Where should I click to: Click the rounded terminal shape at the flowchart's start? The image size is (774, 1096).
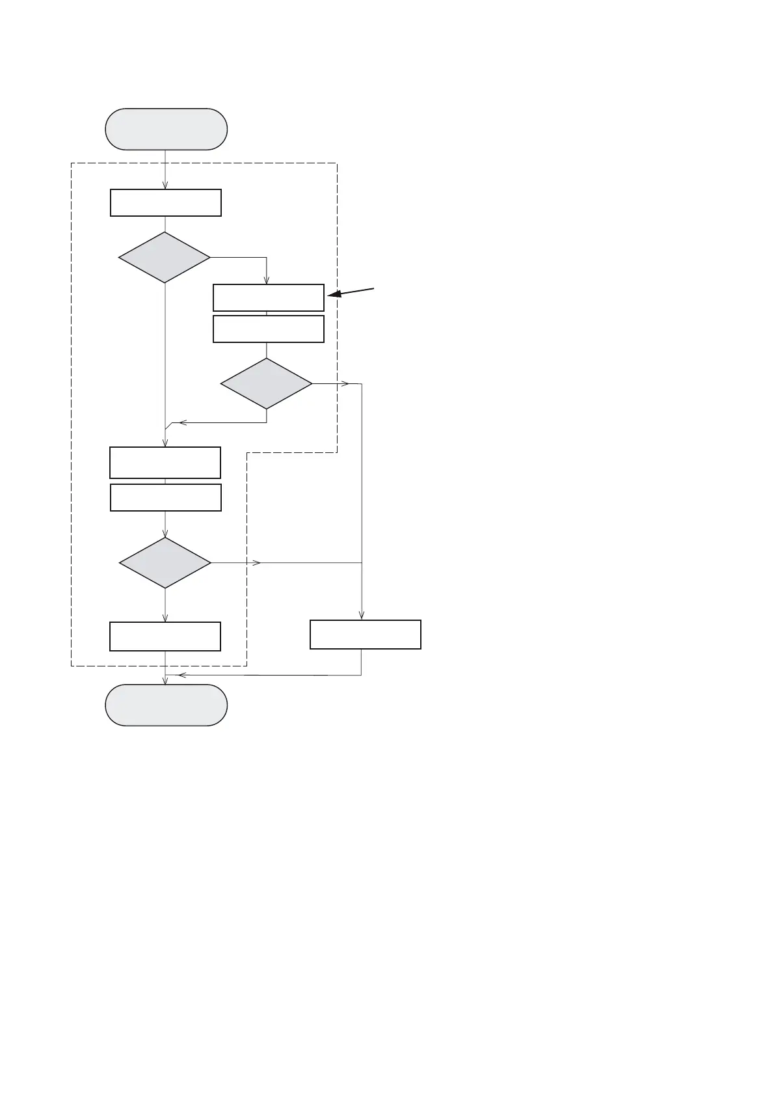(166, 129)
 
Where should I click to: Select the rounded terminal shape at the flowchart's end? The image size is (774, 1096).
(166, 705)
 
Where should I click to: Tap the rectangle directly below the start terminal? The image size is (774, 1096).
(166, 202)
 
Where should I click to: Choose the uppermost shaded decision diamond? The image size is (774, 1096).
(165, 258)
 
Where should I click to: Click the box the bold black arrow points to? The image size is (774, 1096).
(268, 297)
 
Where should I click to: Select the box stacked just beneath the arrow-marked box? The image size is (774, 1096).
(268, 329)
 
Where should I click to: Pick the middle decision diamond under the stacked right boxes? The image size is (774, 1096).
(267, 383)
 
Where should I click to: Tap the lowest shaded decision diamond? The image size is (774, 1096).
(165, 562)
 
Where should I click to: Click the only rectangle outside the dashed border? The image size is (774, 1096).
(365, 635)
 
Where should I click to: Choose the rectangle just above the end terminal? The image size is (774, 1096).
(165, 637)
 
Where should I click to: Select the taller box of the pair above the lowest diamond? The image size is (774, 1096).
(165, 463)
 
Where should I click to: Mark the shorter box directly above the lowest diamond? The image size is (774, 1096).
(166, 497)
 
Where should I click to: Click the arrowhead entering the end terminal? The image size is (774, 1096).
(165, 681)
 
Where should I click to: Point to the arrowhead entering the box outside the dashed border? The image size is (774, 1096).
(362, 616)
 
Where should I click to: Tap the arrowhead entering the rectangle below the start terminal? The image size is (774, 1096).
(165, 185)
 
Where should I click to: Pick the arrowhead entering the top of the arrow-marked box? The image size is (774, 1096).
(267, 281)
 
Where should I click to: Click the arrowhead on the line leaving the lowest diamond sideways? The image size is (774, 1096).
(257, 562)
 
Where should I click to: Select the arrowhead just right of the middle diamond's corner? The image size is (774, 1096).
(345, 384)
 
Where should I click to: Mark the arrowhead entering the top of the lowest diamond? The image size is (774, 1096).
(165, 534)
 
